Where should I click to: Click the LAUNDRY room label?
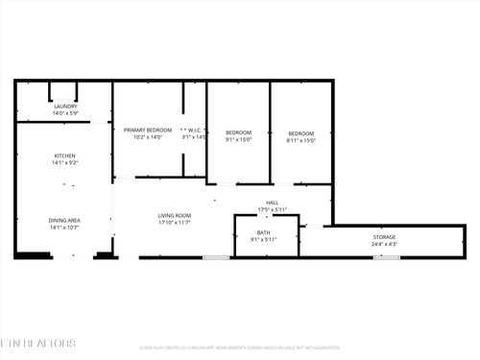pos(65,107)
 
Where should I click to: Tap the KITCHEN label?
pos(64,156)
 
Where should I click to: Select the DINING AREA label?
pos(64,221)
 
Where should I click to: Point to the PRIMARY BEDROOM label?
pos(147,131)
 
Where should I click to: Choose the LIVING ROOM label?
pos(175,215)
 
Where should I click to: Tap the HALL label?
pos(272,203)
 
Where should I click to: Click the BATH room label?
pos(263,232)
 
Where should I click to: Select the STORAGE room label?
pos(384,237)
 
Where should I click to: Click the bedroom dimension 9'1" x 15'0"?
pos(238,139)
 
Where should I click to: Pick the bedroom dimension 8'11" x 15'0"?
pos(301,139)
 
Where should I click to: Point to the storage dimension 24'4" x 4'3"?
pos(384,244)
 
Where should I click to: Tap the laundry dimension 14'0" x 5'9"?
pos(65,113)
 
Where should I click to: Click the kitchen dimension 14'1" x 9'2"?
pos(64,162)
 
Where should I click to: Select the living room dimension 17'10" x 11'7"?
pos(175,223)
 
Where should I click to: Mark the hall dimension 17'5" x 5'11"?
pos(272,210)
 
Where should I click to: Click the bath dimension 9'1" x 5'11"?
pos(263,239)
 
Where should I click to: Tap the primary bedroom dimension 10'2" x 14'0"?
pos(147,137)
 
